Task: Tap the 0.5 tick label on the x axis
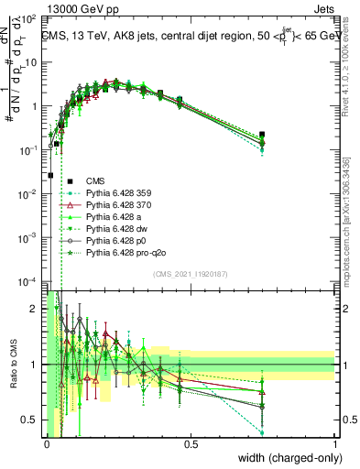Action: pos(191,444)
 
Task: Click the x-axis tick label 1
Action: pos(334,444)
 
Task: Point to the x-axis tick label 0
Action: pos(47,444)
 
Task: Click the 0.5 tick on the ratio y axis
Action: pos(31,420)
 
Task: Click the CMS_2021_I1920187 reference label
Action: pos(191,274)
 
